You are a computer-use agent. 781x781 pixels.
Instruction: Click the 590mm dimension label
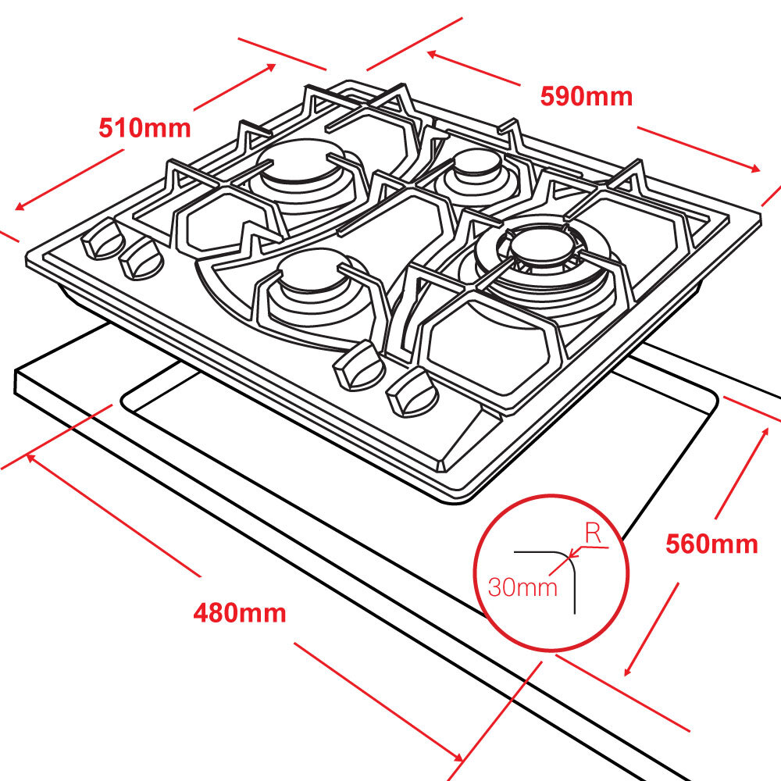pyautogui.click(x=586, y=96)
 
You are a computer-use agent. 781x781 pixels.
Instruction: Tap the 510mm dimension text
pyautogui.click(x=144, y=127)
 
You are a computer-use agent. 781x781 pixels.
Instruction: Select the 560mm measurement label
pyautogui.click(x=711, y=544)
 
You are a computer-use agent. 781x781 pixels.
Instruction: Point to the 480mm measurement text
pyautogui.click(x=240, y=613)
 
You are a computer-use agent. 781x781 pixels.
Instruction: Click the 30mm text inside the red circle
pyautogui.click(x=522, y=587)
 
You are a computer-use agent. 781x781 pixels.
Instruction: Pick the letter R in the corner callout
pyautogui.click(x=593, y=535)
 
